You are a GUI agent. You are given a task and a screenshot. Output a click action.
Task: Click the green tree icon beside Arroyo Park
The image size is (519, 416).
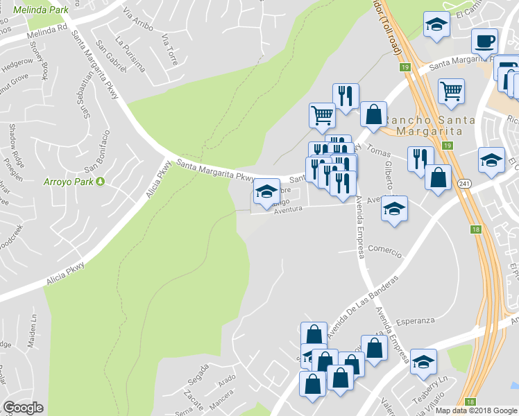point(100,182)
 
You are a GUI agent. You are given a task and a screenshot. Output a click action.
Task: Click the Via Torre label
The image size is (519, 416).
point(169,49)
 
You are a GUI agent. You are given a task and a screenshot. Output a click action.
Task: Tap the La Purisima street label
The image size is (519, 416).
point(131,54)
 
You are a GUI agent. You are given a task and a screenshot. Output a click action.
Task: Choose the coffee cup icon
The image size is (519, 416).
point(484,41)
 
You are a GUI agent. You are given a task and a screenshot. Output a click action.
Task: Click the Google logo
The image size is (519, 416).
point(23,407)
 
